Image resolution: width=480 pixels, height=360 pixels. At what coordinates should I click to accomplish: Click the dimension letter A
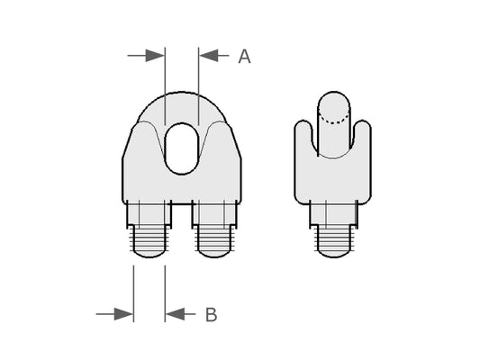coord(244,57)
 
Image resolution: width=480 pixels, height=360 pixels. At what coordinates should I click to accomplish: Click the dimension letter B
coord(212,315)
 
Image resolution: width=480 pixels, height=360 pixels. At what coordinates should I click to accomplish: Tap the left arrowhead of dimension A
coord(155,56)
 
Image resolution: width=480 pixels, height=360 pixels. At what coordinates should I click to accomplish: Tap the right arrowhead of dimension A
coord(208,56)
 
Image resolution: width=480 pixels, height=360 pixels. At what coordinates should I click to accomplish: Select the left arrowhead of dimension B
coord(123,314)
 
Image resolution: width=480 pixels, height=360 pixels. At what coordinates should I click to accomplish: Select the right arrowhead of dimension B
coord(175,314)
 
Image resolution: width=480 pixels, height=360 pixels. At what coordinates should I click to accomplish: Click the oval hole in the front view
coord(182,148)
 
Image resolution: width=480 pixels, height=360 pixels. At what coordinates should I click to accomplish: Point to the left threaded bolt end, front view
coord(149,242)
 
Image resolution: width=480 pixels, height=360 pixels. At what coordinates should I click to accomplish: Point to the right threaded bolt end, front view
coord(214,242)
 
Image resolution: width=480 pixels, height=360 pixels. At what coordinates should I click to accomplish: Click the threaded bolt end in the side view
coord(334,242)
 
